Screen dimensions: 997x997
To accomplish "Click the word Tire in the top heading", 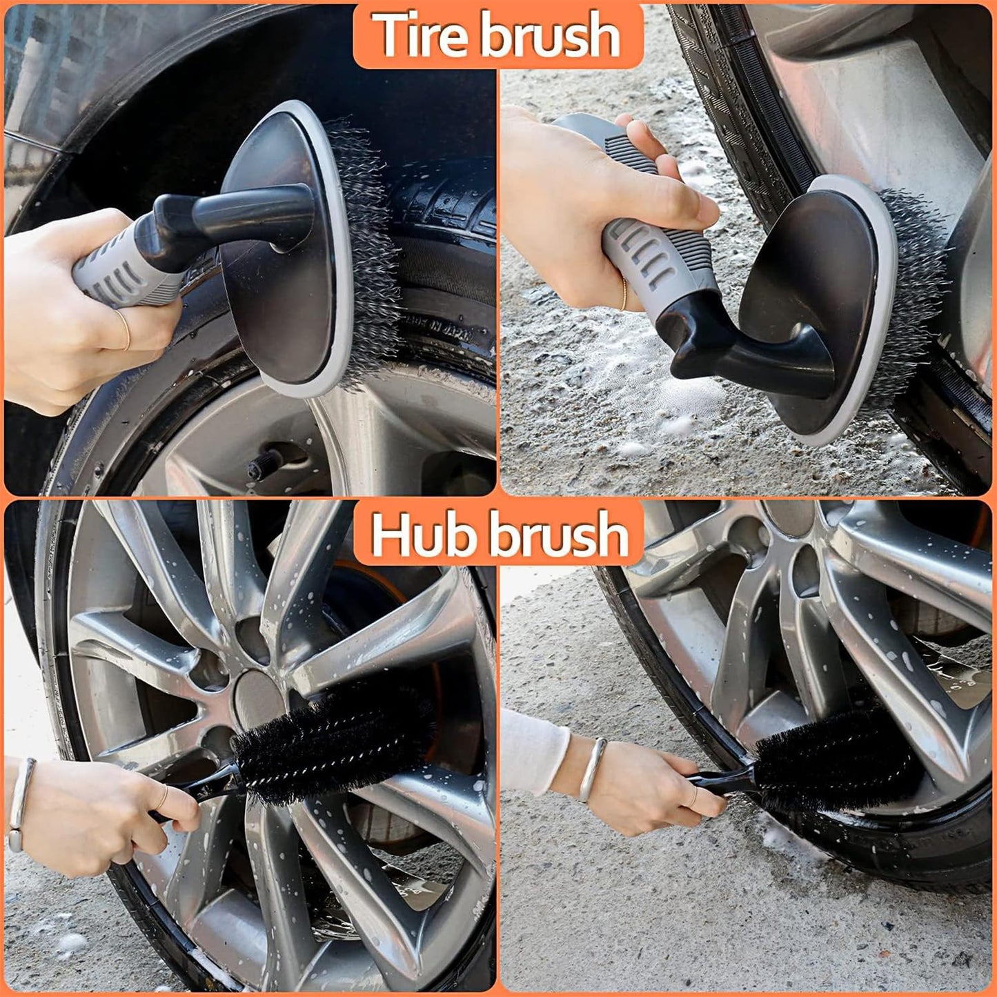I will (x=423, y=36).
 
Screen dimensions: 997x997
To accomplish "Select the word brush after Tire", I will (x=550, y=36).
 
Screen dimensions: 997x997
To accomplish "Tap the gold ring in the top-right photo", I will (x=624, y=295).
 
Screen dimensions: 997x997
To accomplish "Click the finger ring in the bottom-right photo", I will (x=692, y=797).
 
